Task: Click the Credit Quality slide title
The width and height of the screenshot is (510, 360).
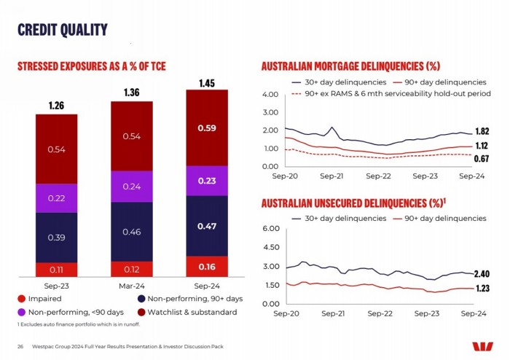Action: [x=62, y=29]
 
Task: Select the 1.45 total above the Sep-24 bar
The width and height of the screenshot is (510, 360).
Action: [x=207, y=82]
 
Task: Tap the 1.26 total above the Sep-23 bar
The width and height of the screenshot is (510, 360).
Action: [x=56, y=106]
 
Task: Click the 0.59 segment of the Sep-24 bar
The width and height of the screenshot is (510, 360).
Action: [x=207, y=128]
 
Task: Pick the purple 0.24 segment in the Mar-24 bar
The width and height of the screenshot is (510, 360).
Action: [x=131, y=186]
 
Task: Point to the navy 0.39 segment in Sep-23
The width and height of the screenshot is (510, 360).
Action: [x=56, y=238]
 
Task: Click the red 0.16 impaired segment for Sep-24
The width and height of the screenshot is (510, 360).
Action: [x=207, y=267]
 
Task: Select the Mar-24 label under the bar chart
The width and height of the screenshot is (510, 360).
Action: [x=131, y=286]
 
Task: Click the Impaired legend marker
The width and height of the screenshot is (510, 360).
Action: [x=22, y=298]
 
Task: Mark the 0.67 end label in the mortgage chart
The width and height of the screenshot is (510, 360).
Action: [x=481, y=158]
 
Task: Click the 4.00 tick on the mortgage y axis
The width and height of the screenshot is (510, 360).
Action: [x=270, y=95]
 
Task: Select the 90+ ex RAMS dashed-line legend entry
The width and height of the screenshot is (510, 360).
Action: [x=386, y=93]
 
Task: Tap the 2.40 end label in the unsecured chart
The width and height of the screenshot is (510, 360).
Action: [x=481, y=274]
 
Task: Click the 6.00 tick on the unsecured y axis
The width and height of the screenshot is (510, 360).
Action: [x=270, y=230]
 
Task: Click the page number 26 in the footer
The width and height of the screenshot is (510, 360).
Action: [x=20, y=345]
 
